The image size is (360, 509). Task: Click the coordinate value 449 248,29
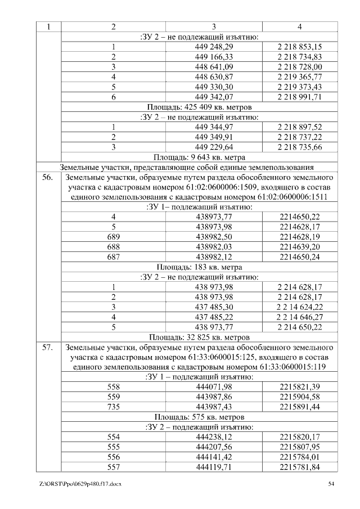click(213, 47)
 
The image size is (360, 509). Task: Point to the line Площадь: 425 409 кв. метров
click(199, 106)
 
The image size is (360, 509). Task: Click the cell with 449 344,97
click(213, 127)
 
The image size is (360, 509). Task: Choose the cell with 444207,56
click(213, 447)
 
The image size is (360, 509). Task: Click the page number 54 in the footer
click(331, 484)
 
